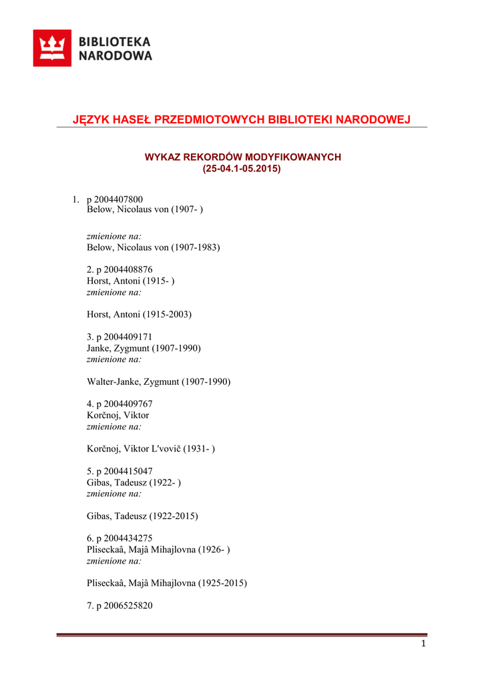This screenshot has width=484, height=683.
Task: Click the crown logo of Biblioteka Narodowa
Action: pos(52,48)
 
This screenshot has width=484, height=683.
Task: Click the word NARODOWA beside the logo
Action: pos(115,56)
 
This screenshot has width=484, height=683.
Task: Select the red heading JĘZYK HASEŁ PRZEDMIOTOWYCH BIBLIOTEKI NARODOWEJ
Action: pos(241,119)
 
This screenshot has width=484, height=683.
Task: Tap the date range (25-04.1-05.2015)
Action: pos(242,169)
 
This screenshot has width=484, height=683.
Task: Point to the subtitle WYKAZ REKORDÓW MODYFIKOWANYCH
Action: pos(242,157)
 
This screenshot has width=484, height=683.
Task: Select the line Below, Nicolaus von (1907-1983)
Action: pos(154,247)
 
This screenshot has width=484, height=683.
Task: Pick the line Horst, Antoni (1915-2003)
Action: pos(139,314)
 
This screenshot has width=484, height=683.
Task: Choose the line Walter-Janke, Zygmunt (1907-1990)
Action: pos(158,382)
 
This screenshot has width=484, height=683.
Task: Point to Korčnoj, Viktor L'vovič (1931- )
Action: pos(151,449)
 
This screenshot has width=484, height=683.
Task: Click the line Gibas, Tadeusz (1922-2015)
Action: pos(142,516)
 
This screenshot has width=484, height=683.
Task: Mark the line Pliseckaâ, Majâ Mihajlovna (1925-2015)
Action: pos(167,583)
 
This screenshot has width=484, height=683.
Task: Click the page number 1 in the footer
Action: pos(423,644)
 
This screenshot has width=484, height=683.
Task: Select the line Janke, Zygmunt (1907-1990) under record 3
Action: pos(144,348)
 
